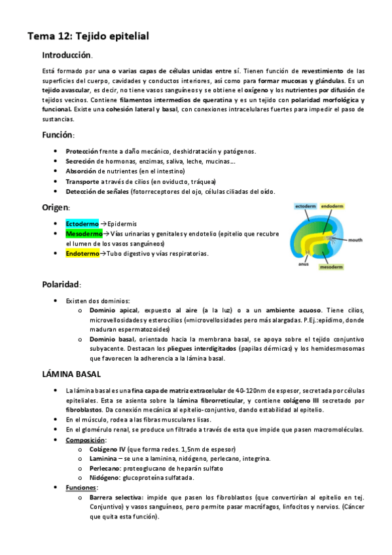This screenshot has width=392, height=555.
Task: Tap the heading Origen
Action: (56, 207)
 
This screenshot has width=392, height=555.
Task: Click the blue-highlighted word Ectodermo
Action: (82, 223)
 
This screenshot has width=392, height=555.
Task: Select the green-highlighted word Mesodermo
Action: (84, 234)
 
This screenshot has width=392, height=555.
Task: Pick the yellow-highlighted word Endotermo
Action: (82, 254)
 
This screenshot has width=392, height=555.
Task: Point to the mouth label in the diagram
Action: (355, 240)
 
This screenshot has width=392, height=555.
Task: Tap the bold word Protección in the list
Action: (82, 151)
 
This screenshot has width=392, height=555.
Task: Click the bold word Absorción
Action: (81, 171)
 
